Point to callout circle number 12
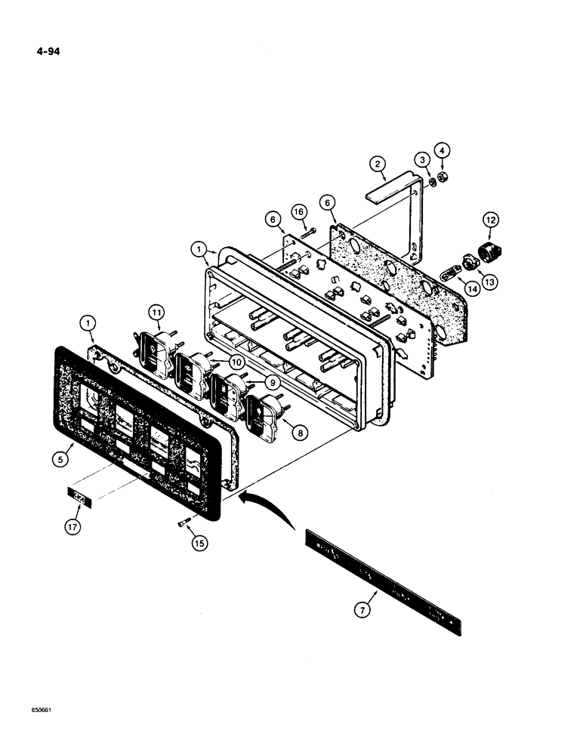tap(492, 220)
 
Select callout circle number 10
tap(239, 363)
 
